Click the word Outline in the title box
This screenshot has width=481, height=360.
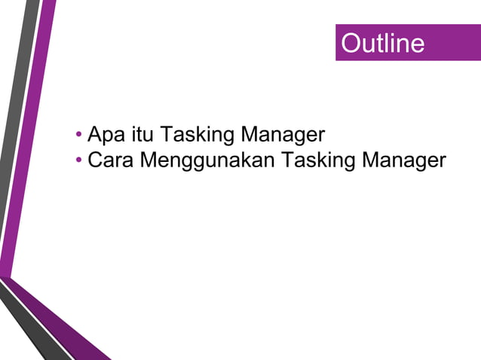pyautogui.click(x=382, y=43)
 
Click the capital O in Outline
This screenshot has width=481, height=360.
pyautogui.click(x=350, y=43)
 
